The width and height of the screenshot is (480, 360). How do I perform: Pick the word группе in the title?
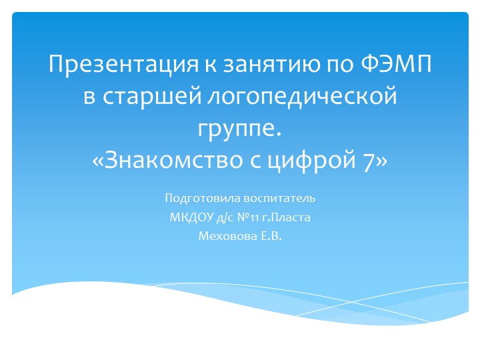click(x=237, y=127)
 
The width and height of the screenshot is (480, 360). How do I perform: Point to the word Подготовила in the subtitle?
click(x=193, y=199)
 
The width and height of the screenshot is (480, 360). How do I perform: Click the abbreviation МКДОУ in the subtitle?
click(x=189, y=217)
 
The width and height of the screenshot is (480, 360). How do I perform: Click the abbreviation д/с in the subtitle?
click(x=223, y=217)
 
